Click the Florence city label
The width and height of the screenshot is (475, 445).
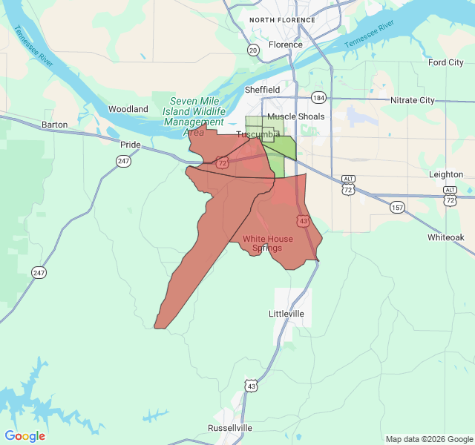tap(285, 44)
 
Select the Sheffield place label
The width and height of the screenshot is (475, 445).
tap(262, 90)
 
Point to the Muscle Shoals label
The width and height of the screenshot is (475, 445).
tap(295, 116)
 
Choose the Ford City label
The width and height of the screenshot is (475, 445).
tap(445, 62)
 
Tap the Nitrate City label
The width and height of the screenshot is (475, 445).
tap(412, 100)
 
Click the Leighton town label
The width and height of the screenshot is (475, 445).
tap(446, 174)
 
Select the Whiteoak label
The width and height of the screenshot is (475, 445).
tap(445, 237)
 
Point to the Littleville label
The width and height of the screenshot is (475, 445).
tap(286, 314)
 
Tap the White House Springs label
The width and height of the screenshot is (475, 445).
tap(267, 243)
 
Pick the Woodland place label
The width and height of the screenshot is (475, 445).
tap(128, 109)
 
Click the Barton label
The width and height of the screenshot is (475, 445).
tap(55, 125)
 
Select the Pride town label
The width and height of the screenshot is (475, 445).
tap(131, 145)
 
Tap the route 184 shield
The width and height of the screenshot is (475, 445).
tap(318, 97)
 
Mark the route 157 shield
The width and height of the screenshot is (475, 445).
tap(398, 207)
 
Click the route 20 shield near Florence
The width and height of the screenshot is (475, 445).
tap(254, 50)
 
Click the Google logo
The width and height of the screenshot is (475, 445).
tap(25, 436)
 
